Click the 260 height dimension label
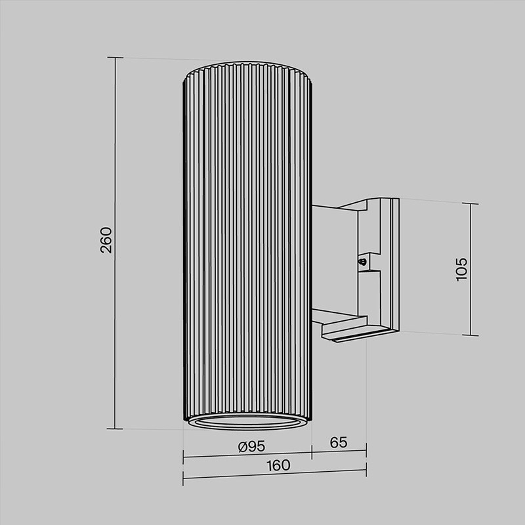(x=106, y=240)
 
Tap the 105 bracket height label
(x=461, y=269)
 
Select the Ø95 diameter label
(x=251, y=446)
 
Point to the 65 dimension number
(x=339, y=442)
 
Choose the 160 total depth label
(x=278, y=465)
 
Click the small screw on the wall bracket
(x=362, y=261)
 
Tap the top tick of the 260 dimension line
(x=115, y=58)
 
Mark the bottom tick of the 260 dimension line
(x=115, y=429)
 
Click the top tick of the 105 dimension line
(x=470, y=203)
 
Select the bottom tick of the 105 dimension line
(x=470, y=335)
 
